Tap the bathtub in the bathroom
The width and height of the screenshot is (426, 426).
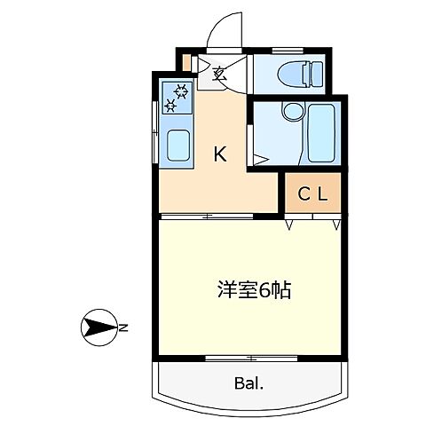point(319,133)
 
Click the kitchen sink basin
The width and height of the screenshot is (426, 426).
point(177,143)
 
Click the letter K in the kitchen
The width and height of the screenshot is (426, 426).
point(220,154)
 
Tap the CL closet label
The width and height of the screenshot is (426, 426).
point(312,194)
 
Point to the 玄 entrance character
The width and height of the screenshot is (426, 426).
point(219,74)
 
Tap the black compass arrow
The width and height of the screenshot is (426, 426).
point(97,329)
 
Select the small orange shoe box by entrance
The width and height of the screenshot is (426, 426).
point(185,62)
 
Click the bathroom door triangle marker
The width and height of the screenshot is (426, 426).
point(257,160)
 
